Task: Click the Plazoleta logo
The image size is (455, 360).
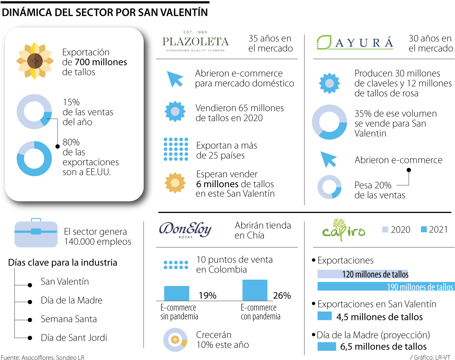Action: click(195, 41)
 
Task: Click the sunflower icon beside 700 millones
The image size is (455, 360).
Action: click(34, 61)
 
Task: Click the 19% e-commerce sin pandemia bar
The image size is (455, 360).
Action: click(177, 293)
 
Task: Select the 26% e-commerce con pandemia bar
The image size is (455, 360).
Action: click(255, 290)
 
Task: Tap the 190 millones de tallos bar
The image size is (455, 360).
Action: click(385, 286)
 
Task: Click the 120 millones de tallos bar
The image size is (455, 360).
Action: click(362, 274)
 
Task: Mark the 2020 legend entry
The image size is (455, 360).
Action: click(396, 229)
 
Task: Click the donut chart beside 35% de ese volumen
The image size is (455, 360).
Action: click(329, 122)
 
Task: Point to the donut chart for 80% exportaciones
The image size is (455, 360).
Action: click(34, 158)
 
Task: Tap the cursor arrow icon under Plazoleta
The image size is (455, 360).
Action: click(175, 78)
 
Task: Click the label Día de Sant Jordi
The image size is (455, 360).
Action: click(74, 337)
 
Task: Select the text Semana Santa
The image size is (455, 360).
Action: click(69, 319)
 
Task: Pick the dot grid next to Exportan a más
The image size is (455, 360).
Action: click(176, 149)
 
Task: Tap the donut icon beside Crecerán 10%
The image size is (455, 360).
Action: click(175, 340)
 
